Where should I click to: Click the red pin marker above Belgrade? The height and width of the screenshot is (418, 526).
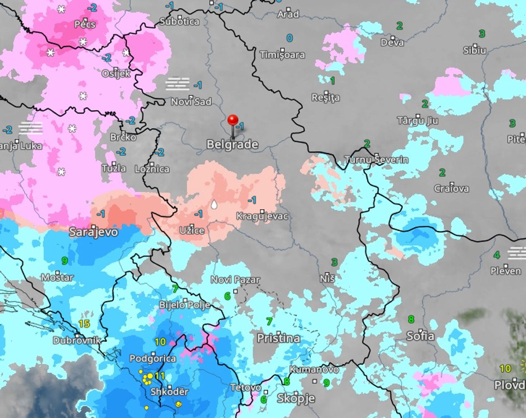click(233, 121)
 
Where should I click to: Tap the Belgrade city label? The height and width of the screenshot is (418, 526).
click(232, 144)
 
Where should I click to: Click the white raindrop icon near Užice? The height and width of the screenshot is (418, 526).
click(214, 204)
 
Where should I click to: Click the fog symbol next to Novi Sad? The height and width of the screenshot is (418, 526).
click(178, 84)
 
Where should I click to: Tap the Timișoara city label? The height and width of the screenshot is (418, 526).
click(283, 54)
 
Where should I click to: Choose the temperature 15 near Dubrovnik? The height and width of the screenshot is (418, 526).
click(84, 323)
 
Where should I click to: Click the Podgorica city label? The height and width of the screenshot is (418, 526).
click(153, 359)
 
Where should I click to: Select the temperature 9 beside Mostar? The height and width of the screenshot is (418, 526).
click(64, 261)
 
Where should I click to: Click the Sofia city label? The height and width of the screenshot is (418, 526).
click(420, 336)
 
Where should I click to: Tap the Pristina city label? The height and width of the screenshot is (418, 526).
click(278, 338)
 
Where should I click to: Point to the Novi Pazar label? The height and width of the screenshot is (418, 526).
click(235, 280)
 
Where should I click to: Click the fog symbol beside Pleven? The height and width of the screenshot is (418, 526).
click(516, 253)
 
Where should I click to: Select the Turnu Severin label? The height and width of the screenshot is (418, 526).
click(376, 160)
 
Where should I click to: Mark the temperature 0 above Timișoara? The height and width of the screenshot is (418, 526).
click(289, 38)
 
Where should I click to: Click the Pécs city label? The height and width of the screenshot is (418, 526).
click(84, 25)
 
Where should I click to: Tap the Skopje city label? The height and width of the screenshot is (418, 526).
click(296, 398)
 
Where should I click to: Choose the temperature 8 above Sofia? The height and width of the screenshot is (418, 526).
click(411, 320)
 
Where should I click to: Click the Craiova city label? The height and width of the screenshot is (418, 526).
click(451, 188)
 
